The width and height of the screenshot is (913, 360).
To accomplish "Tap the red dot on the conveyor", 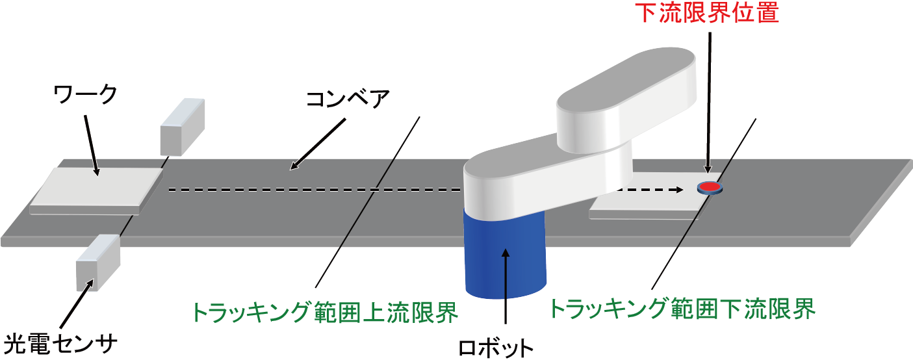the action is coord(710,187).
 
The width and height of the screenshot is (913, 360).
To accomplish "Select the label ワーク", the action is coord(85,94).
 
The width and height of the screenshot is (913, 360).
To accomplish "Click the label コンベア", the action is coord(348,99).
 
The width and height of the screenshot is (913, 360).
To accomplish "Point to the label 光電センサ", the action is coord(60,344).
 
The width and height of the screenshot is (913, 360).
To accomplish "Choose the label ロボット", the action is coord(496,348).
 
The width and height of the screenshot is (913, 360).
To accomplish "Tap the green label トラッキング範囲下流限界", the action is coord(682,309).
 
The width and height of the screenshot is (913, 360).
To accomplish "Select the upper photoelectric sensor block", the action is coord(182,127).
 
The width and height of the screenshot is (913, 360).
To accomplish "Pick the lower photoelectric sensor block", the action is coord(98,263).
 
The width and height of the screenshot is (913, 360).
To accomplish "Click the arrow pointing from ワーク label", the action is coord(92,146).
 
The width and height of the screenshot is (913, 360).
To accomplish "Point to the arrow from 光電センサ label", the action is coord(77,303).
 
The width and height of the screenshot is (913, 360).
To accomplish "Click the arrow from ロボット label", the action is coord(506,286).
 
